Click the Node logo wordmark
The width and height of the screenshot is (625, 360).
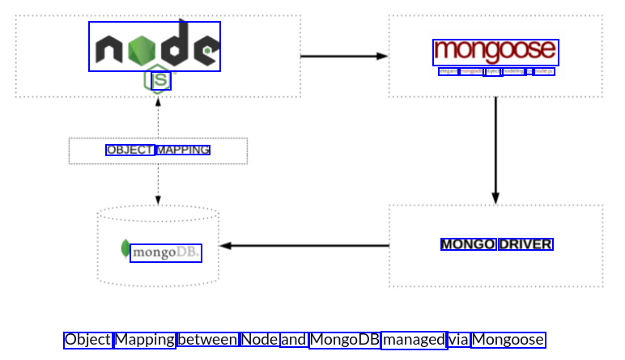tap(154, 47)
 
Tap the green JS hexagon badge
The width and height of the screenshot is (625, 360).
tap(160, 80)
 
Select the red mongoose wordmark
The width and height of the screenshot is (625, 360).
tap(495, 52)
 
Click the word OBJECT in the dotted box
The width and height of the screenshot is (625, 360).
tap(130, 150)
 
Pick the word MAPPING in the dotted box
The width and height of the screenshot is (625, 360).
tap(183, 150)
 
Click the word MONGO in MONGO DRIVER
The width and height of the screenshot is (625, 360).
tap(468, 244)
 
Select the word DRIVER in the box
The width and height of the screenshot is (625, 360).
tap(525, 244)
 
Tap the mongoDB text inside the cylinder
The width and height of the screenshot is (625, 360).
tap(165, 252)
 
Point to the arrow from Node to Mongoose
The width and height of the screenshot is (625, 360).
tap(344, 56)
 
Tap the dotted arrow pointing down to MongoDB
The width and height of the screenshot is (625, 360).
tap(158, 185)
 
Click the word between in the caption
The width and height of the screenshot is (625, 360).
tap(207, 340)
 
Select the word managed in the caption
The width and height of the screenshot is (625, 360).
tap(413, 340)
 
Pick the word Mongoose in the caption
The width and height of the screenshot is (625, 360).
tap(508, 340)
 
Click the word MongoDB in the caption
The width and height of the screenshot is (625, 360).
tap(344, 340)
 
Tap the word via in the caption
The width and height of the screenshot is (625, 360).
tap(458, 340)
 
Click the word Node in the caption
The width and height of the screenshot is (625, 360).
tap(259, 340)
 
